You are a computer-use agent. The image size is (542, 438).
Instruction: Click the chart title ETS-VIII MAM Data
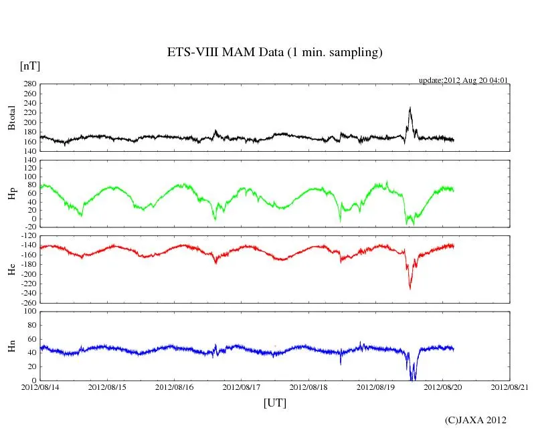click(274, 53)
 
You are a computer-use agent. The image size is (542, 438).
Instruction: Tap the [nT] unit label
click(30, 66)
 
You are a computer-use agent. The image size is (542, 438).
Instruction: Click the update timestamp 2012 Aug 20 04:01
click(464, 80)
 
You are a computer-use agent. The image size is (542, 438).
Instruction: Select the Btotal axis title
click(11, 118)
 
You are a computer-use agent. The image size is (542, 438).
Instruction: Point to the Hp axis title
click(11, 193)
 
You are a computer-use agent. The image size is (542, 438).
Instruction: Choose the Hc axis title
click(11, 269)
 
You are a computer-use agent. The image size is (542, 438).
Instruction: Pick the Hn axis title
click(11, 346)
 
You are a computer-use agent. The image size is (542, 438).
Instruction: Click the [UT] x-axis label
click(275, 403)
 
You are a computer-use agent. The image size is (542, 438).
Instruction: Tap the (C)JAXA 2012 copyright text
click(476, 420)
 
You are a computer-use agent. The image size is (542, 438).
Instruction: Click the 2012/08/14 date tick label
click(39, 387)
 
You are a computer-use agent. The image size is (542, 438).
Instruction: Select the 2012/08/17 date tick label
click(242, 387)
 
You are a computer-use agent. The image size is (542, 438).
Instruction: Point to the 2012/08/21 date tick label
click(510, 387)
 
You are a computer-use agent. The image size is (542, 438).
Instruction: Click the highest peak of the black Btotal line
click(410, 107)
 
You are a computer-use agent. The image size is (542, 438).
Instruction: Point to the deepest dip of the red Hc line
click(410, 288)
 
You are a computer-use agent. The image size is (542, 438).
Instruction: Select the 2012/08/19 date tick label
click(376, 387)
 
